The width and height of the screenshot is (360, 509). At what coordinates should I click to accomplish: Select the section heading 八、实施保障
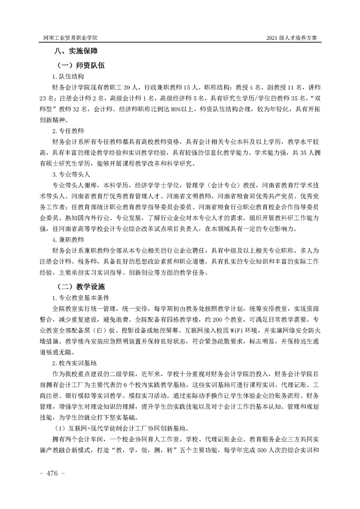point(77,52)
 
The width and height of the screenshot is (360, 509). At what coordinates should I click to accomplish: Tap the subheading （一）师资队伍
point(81,65)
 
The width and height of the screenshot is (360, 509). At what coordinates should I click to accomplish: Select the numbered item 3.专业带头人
point(70,174)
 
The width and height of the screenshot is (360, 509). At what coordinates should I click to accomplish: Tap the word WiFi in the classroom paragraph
point(221,330)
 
